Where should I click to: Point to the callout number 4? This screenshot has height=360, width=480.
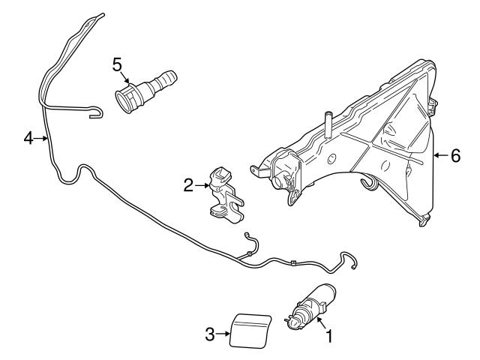28,138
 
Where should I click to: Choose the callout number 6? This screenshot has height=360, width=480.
454,156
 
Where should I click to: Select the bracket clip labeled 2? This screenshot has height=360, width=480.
224,195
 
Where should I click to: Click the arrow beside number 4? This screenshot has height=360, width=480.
42,138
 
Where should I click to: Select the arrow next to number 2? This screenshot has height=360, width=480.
202,183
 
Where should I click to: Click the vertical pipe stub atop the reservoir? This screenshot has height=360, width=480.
328,120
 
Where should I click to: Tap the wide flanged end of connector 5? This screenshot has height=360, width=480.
124,98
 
